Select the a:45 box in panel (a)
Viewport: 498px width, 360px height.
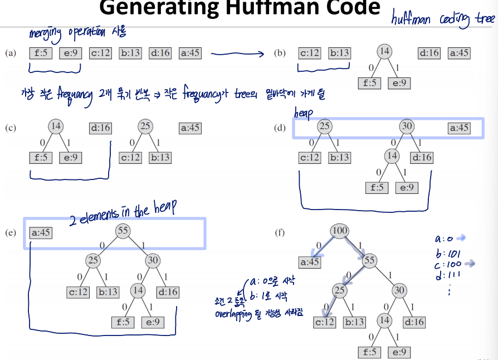point(190,53)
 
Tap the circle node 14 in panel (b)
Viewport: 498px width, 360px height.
point(384,52)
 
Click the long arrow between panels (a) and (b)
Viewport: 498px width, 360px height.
point(237,54)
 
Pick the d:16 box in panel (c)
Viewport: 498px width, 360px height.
point(100,128)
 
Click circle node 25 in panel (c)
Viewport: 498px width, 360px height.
point(145,127)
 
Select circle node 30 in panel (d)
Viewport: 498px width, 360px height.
point(407,126)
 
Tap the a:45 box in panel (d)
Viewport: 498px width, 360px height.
point(459,128)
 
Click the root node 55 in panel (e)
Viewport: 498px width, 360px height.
point(123,231)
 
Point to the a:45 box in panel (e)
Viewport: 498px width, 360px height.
point(40,232)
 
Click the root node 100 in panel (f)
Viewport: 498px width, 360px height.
point(339,231)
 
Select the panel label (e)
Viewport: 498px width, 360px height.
point(10,232)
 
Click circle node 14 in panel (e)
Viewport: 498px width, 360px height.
point(138,290)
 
